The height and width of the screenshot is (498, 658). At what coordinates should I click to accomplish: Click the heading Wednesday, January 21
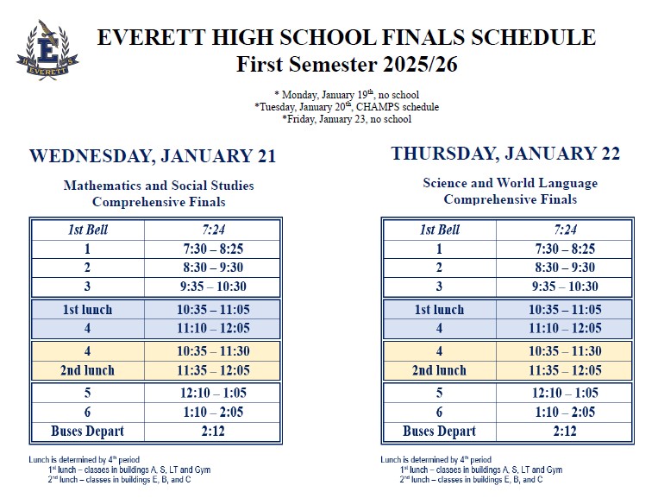click(x=153, y=156)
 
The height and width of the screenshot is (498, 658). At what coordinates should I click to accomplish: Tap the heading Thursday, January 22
click(x=505, y=154)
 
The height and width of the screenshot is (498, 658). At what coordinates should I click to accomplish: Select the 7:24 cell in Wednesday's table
click(x=213, y=230)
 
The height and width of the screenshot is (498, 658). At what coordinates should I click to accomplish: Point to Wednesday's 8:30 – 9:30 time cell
click(x=213, y=268)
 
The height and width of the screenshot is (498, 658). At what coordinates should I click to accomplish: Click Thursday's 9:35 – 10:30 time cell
click(x=565, y=287)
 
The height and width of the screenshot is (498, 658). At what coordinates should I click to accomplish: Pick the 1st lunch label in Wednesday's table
click(x=87, y=310)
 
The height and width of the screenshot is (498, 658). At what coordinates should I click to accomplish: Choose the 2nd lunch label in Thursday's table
click(x=439, y=370)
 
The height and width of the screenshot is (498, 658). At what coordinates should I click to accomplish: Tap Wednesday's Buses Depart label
click(x=87, y=431)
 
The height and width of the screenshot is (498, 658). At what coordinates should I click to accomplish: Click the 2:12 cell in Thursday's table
click(x=565, y=431)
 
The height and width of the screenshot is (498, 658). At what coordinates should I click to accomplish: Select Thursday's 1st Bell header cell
click(x=439, y=230)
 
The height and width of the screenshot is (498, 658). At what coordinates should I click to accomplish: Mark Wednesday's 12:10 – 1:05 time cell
click(x=213, y=394)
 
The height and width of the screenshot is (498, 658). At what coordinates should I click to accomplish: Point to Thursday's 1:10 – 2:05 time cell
click(x=565, y=413)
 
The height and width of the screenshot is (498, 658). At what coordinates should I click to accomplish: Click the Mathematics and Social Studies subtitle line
click(x=159, y=186)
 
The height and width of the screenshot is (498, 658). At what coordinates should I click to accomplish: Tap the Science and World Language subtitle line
click(x=510, y=183)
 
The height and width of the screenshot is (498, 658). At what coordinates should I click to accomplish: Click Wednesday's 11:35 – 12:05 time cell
click(x=213, y=370)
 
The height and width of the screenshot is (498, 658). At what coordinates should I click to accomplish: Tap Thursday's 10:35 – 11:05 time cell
click(x=565, y=310)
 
